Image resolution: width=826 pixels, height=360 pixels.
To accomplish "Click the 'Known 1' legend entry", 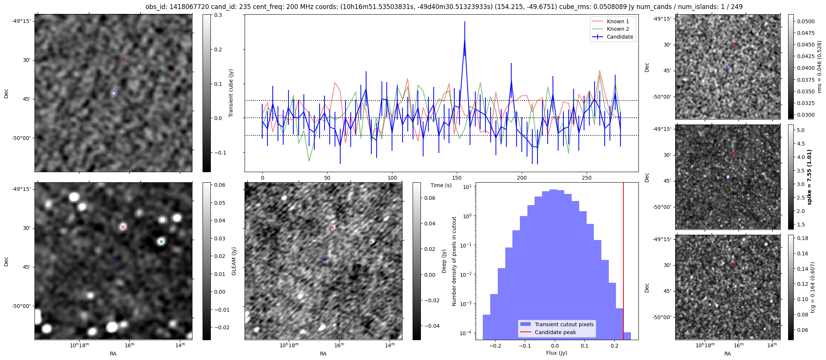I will click(617, 21).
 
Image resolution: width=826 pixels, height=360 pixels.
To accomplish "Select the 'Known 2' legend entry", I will click(617, 29).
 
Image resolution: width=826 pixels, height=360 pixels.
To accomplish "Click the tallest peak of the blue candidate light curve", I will click(465, 39).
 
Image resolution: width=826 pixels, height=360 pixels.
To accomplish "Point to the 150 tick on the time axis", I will click(457, 178).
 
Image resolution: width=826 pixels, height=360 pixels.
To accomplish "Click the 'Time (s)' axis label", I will click(441, 185).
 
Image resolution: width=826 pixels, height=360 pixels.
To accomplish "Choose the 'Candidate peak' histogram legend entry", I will click(555, 332).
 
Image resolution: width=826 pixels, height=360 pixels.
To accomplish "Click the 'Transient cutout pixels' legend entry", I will click(564, 324).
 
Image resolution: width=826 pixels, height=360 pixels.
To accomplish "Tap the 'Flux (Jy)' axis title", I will click(557, 353).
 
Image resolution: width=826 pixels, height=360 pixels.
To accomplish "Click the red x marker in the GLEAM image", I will click(123, 227).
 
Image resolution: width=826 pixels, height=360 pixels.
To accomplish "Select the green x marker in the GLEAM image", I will click(161, 241).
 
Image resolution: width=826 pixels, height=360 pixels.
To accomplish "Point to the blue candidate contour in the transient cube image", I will click(114, 93).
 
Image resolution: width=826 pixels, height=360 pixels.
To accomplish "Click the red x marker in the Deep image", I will click(332, 228).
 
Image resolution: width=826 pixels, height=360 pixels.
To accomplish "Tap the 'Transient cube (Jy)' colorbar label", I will click(231, 93).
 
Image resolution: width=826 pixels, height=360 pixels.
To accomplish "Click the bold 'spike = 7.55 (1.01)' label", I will click(809, 177).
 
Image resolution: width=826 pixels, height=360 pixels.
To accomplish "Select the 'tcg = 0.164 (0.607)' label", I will click(813, 287).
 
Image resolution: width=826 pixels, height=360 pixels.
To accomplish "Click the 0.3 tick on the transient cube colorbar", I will click(218, 15).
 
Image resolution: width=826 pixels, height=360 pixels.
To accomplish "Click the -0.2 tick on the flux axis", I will click(495, 346).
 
